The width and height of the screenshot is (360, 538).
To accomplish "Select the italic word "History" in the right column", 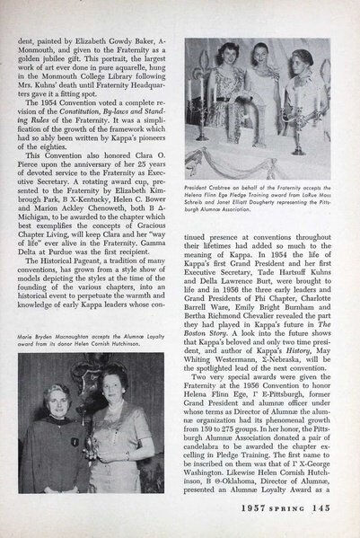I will [289, 310].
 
